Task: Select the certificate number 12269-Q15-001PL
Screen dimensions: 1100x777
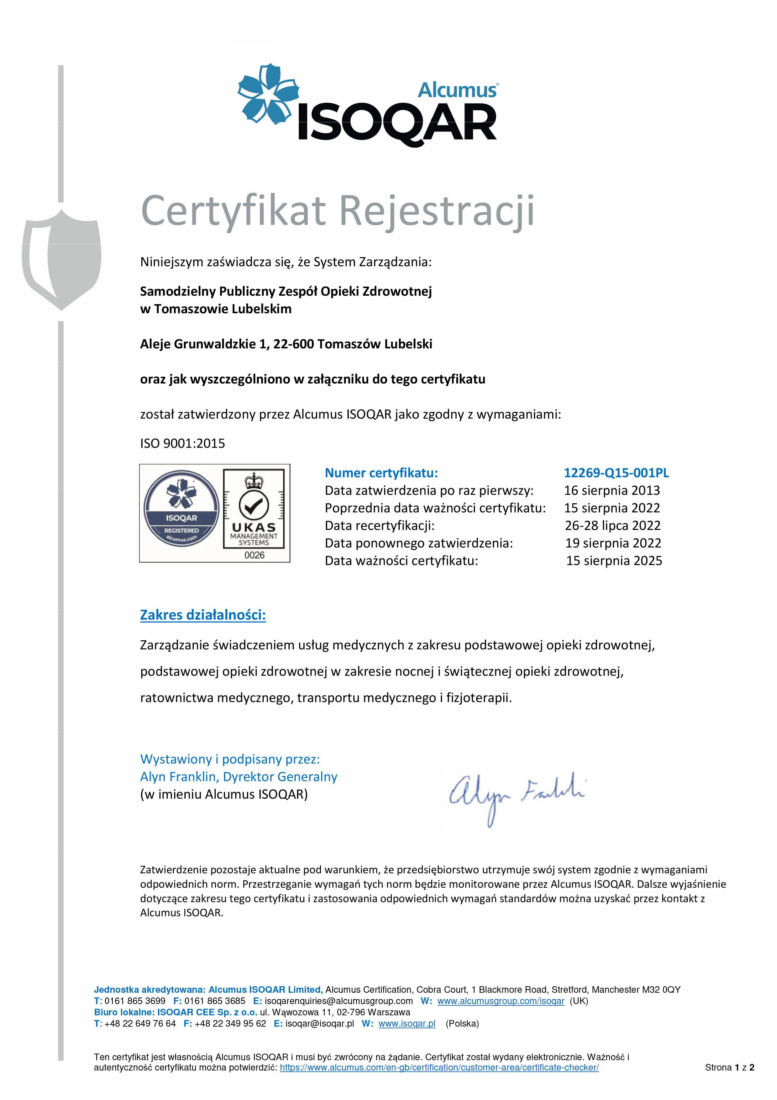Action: (616, 473)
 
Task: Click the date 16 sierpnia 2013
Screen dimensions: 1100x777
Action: (612, 491)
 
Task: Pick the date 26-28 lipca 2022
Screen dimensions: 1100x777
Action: (612, 526)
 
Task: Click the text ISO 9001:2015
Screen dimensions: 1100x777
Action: (182, 444)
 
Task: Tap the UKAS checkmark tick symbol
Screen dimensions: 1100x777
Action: (254, 505)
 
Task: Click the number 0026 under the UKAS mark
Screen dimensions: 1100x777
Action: (254, 555)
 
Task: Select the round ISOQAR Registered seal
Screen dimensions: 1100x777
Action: (181, 508)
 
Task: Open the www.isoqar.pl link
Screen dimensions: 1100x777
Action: (407, 1024)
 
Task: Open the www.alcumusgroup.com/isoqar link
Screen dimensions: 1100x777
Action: (501, 1001)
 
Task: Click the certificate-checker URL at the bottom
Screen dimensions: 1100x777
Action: (439, 1067)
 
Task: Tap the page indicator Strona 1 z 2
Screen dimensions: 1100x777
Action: (729, 1067)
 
